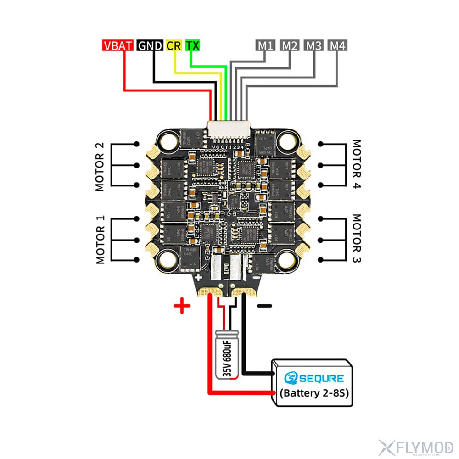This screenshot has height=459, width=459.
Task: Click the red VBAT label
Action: click(118, 45)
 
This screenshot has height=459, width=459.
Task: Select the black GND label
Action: click(150, 45)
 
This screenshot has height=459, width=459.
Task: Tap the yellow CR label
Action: click(174, 45)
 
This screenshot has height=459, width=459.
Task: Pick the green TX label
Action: click(193, 45)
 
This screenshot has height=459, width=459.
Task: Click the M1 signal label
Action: click(265, 45)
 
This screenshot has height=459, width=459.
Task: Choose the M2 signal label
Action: click(290, 45)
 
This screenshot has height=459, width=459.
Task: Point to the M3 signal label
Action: click(314, 45)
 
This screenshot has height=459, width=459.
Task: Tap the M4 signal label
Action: click(338, 45)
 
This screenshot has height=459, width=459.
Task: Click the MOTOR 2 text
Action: click(100, 167)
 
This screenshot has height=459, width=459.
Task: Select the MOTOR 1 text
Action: click(101, 239)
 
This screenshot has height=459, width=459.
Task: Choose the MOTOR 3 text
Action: click(358, 239)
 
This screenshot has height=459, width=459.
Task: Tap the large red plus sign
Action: click(182, 306)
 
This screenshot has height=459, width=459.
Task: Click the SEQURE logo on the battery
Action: click(314, 378)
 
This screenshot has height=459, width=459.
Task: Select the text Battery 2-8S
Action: click(314, 393)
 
